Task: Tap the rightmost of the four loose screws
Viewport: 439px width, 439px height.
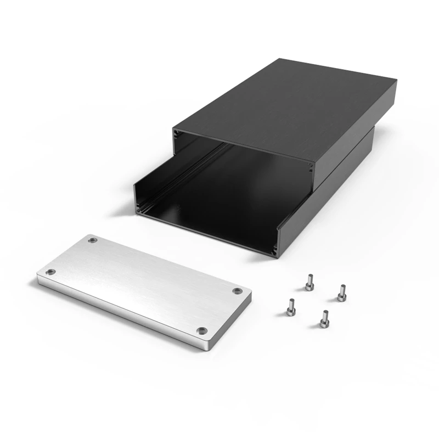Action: pos(341,292)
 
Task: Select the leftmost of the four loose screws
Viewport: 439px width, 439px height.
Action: pos(290,307)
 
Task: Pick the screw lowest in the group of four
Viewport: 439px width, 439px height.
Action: pos(324,319)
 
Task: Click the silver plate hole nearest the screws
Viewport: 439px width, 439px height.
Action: pos(237,291)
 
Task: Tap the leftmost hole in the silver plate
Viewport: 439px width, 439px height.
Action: pos(50,272)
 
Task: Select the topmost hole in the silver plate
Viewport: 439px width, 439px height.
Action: pos(93,240)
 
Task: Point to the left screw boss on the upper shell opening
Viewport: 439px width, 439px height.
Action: pos(176,133)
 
